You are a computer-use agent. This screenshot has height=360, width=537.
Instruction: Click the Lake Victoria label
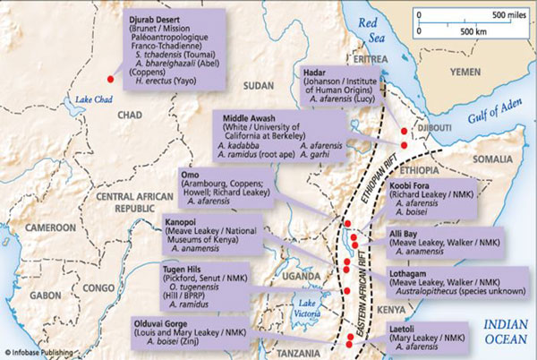[x=309, y=309]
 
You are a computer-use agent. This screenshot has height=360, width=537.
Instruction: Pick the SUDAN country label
[x=257, y=85]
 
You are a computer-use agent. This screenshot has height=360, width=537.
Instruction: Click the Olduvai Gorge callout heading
[x=194, y=320]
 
